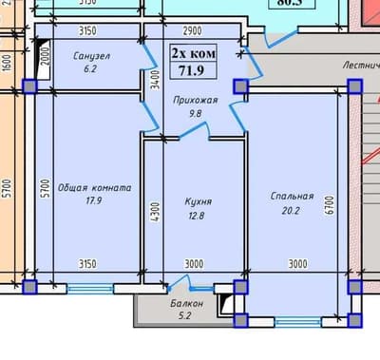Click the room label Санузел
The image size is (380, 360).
91,56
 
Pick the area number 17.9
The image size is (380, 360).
91,200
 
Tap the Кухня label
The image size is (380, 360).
198,201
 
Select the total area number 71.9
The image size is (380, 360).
194,70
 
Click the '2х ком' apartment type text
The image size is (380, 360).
193,54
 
